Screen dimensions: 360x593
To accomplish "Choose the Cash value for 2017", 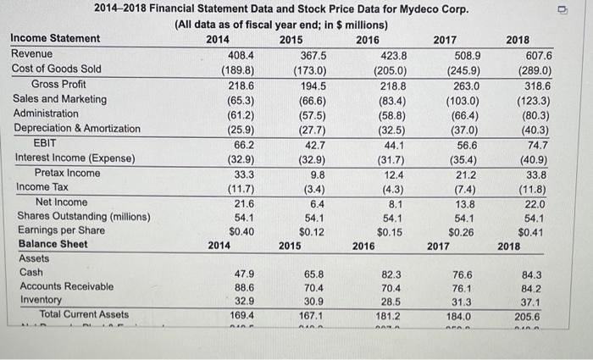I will click(467, 274).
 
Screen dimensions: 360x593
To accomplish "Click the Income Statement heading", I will click(55, 39).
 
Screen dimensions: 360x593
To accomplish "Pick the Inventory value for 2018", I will click(539, 302).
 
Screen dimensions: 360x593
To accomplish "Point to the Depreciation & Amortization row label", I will click(77, 128).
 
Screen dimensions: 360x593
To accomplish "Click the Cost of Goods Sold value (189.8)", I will click(240, 69).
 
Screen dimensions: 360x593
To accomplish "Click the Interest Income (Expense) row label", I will click(75, 158).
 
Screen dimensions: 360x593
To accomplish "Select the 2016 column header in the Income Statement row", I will click(368, 39).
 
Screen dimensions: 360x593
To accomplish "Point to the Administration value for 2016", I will click(390, 114).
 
